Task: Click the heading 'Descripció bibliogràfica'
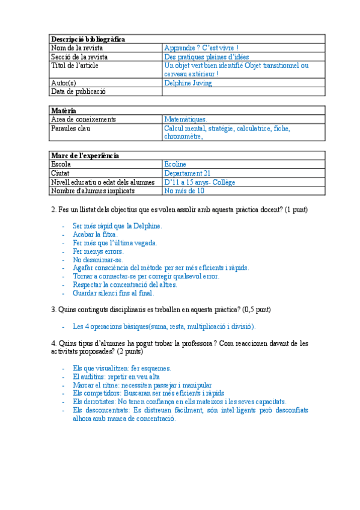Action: (x=88, y=39)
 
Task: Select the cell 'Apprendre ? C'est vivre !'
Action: (x=201, y=48)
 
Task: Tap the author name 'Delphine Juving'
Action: (x=188, y=83)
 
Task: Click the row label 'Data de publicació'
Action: (x=78, y=92)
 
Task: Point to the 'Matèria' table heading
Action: (x=64, y=111)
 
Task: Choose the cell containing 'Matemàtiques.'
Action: (x=185, y=119)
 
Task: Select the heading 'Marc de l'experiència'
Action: (x=85, y=156)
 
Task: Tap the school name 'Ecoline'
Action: (x=175, y=164)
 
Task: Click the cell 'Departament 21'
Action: (x=187, y=173)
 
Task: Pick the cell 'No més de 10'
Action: (x=184, y=191)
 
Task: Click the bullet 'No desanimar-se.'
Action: (x=97, y=260)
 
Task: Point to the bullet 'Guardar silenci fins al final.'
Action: (x=113, y=293)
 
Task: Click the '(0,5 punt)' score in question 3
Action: (x=256, y=310)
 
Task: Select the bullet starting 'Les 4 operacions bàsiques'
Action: (x=163, y=327)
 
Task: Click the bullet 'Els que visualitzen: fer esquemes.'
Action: (x=121, y=368)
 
